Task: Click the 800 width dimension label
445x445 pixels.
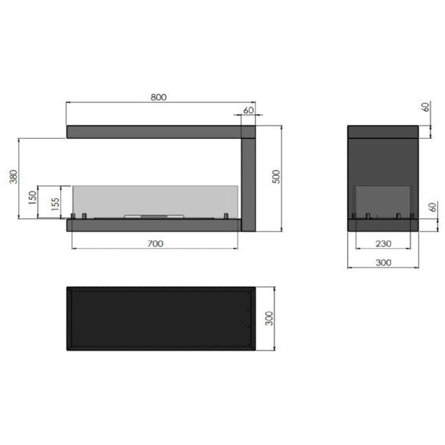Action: (159, 97)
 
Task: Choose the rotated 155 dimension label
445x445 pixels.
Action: (55, 204)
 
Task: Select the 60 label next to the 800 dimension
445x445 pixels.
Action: (248, 110)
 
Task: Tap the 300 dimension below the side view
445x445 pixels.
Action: (383, 263)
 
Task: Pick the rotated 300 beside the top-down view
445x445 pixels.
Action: (270, 318)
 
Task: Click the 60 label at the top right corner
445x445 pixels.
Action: (426, 107)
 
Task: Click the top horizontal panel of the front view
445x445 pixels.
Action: (154, 132)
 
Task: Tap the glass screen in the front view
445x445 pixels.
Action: (154, 199)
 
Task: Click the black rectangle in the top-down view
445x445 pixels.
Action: (158, 318)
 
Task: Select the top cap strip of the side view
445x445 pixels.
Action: (383, 132)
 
